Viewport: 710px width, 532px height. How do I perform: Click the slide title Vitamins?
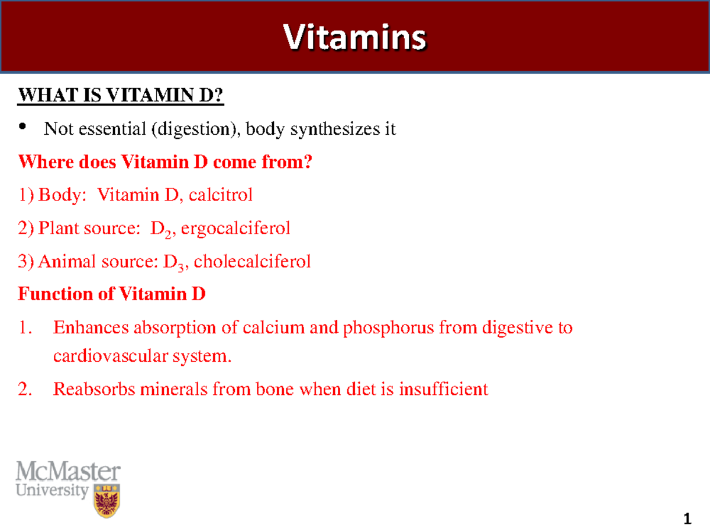point(354,38)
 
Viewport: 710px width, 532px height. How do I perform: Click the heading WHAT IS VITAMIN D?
point(121,96)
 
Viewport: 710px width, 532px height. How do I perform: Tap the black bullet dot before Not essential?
point(24,126)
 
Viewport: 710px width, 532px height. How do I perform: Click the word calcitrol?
point(221,195)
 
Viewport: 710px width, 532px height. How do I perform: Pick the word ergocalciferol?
point(235,228)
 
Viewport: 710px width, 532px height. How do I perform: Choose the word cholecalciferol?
point(252,261)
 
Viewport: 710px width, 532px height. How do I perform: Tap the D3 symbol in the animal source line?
point(170,262)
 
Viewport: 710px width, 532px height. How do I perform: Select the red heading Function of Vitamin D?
point(112,294)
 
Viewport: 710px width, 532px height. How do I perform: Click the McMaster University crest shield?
point(106,500)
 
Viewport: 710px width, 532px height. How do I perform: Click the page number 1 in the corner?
point(687,520)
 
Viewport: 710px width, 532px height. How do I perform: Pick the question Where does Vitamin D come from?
point(164,162)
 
